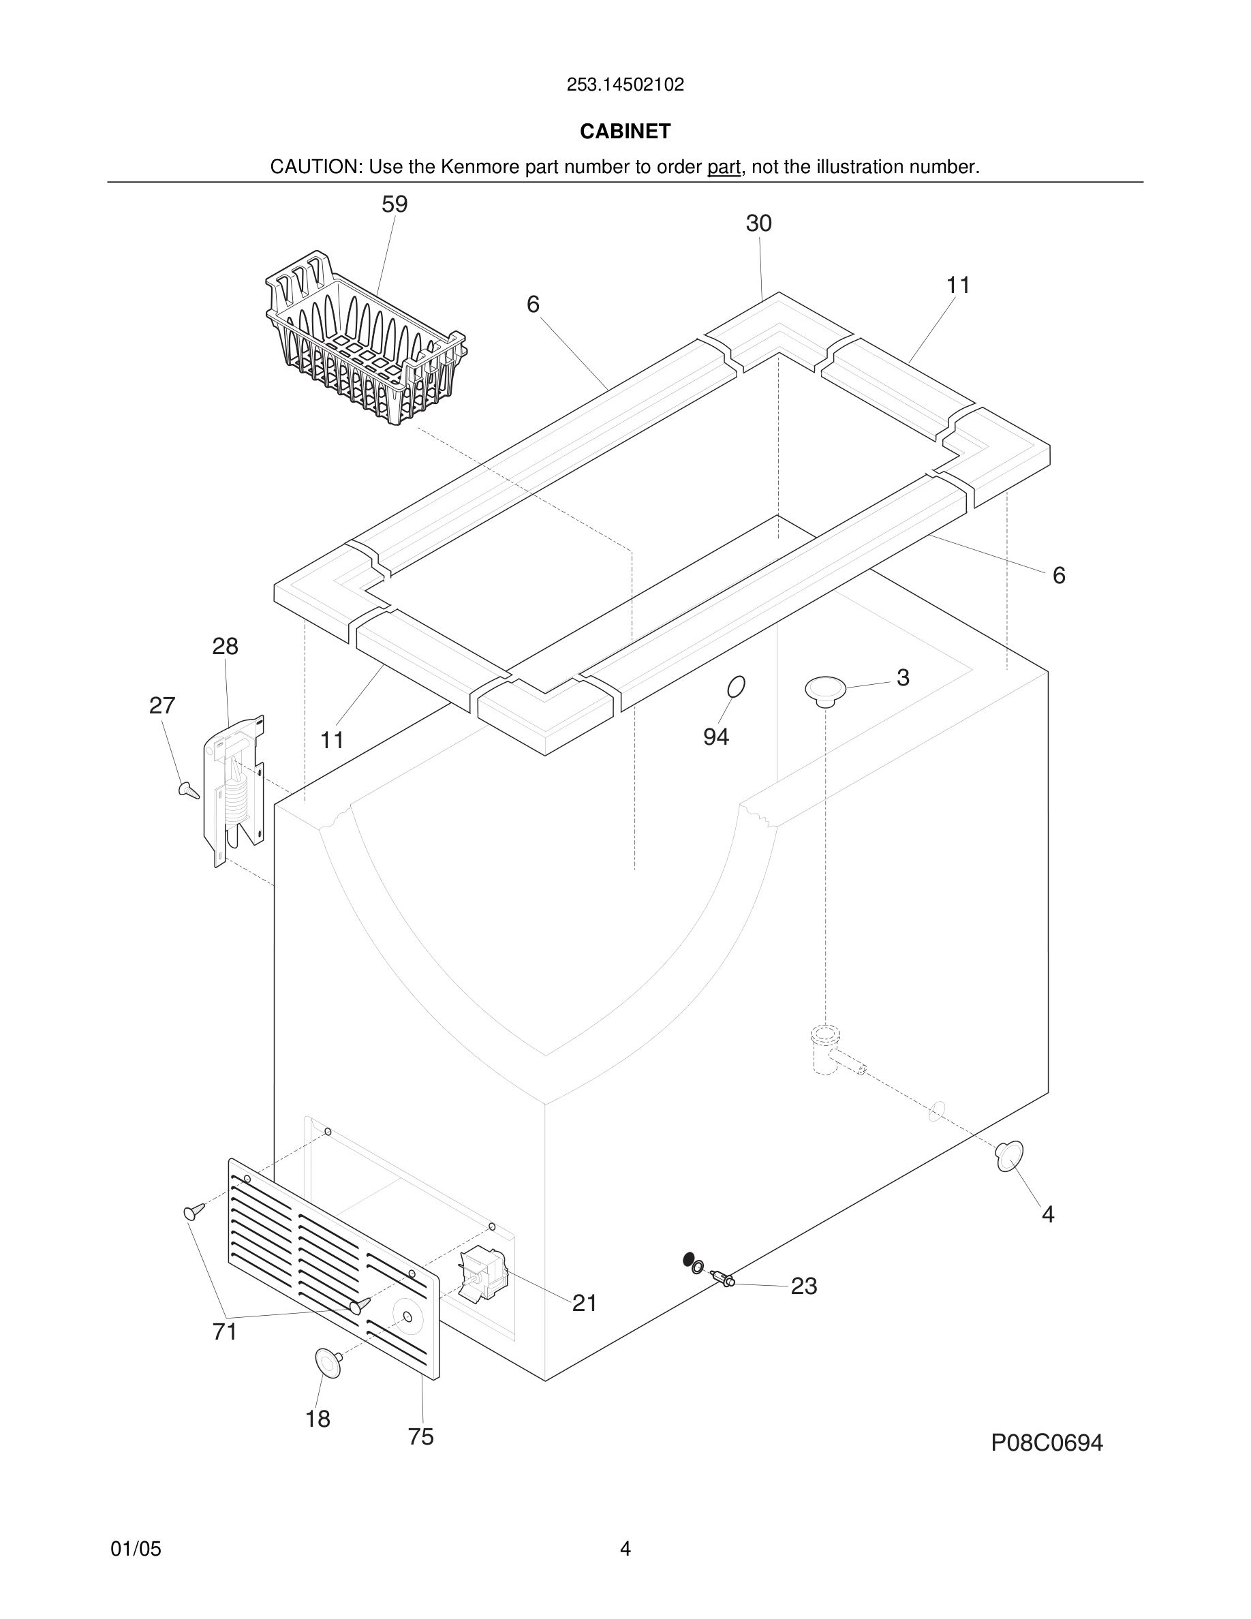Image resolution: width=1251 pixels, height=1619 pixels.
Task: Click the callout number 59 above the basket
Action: tap(395, 204)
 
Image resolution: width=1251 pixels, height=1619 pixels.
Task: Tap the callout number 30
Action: tap(758, 223)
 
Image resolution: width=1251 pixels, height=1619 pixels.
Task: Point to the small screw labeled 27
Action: tap(189, 790)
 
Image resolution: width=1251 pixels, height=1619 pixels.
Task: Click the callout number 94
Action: tap(716, 737)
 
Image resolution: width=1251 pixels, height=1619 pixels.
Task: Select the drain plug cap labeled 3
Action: tap(825, 690)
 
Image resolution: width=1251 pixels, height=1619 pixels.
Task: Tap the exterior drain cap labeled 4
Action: tap(1009, 1156)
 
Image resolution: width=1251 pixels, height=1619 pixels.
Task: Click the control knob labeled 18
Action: tap(328, 1364)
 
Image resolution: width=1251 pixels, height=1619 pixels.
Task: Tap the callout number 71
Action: tap(225, 1332)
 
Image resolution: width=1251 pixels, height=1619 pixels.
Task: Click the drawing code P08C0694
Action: tap(1047, 1443)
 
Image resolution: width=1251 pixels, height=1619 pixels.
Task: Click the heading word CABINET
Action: tap(625, 132)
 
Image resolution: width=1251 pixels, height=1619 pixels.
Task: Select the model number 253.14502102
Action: tap(625, 85)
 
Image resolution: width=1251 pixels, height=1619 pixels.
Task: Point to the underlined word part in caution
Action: tap(724, 168)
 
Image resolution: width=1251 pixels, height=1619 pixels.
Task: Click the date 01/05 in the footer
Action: tap(136, 1549)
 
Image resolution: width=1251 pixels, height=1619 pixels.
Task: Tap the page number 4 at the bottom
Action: tap(625, 1549)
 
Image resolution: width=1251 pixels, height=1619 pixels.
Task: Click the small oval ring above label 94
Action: tap(736, 687)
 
